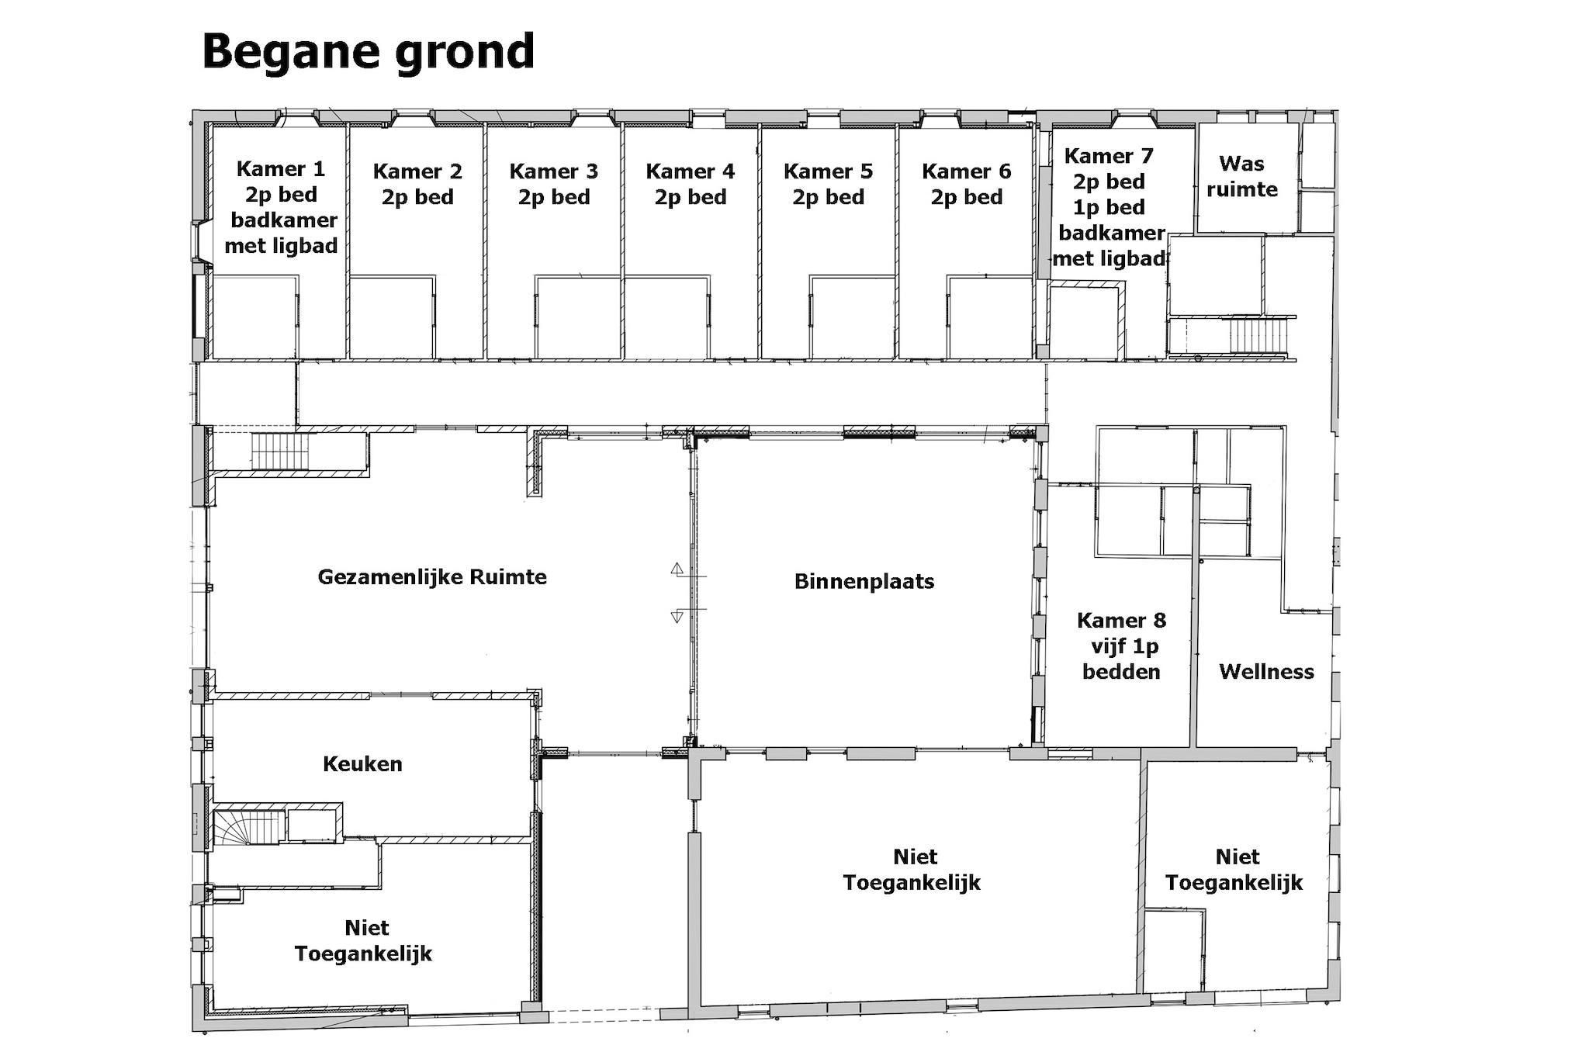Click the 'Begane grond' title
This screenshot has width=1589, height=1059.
pyautogui.click(x=369, y=53)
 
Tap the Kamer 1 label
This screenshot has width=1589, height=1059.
pyautogui.click(x=281, y=207)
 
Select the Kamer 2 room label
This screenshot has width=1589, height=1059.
pyautogui.click(x=417, y=184)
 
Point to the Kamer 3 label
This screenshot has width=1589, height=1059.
pyautogui.click(x=554, y=184)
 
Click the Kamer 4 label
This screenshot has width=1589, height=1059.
pyautogui.click(x=691, y=184)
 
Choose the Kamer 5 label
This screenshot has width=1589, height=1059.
pyautogui.click(x=828, y=184)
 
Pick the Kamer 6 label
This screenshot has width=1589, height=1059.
pyautogui.click(x=967, y=184)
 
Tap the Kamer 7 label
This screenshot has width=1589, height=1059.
pyautogui.click(x=1111, y=207)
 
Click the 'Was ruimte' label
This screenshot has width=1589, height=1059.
pyautogui.click(x=1242, y=176)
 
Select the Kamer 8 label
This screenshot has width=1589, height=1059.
pyautogui.click(x=1122, y=645)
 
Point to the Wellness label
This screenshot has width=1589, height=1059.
pyautogui.click(x=1266, y=671)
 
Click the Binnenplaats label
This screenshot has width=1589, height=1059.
pyautogui.click(x=864, y=581)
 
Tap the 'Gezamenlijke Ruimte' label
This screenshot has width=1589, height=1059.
pyautogui.click(x=432, y=577)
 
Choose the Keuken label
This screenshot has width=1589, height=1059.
pyautogui.click(x=362, y=764)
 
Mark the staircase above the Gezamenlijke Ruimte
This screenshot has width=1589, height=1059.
pyautogui.click(x=280, y=452)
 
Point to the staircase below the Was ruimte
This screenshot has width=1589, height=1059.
pyautogui.click(x=1258, y=336)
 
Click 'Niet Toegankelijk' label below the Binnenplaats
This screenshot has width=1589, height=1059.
pyautogui.click(x=912, y=870)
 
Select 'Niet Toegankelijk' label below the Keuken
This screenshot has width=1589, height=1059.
pyautogui.click(x=363, y=940)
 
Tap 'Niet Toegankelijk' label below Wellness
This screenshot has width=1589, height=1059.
pyautogui.click(x=1234, y=870)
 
